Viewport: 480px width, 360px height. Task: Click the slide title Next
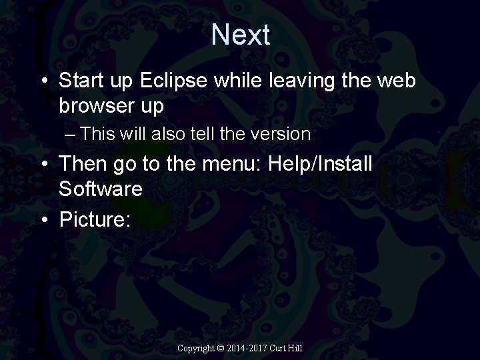(x=241, y=35)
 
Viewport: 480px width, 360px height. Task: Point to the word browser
(x=96, y=105)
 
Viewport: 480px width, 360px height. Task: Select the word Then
(x=82, y=164)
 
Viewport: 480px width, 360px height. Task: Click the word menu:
(x=232, y=164)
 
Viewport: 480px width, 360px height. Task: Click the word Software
(x=101, y=189)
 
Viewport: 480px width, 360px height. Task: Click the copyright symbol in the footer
(x=222, y=348)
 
